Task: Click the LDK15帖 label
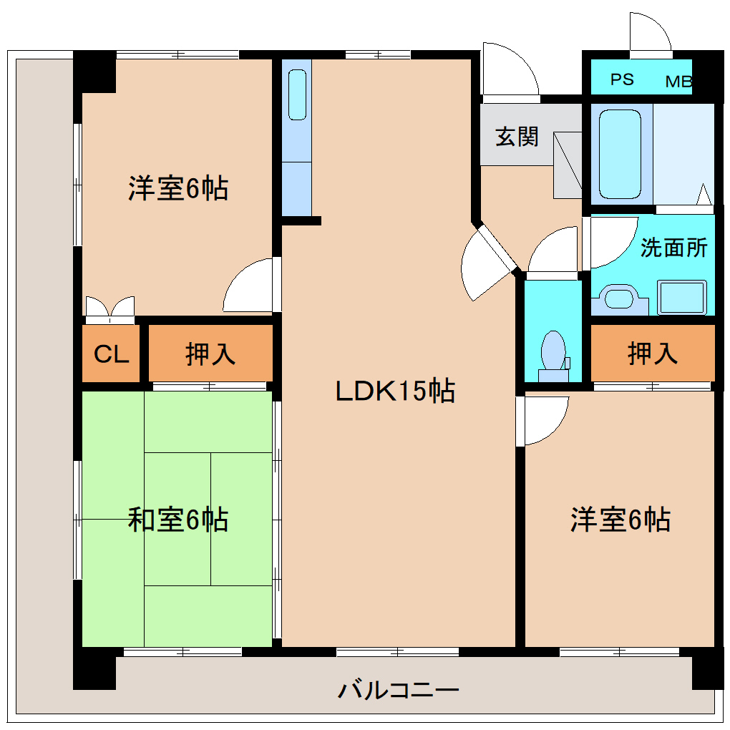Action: (396, 391)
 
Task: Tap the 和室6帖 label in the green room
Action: (178, 520)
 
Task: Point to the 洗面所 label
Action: (673, 248)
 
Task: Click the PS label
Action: (622, 79)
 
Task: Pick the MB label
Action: (678, 82)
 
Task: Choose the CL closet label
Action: (112, 354)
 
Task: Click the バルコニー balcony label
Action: (398, 691)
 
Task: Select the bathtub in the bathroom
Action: (619, 153)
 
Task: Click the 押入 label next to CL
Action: (210, 354)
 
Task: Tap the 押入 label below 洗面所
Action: (652, 354)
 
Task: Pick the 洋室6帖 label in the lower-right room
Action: (620, 520)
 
